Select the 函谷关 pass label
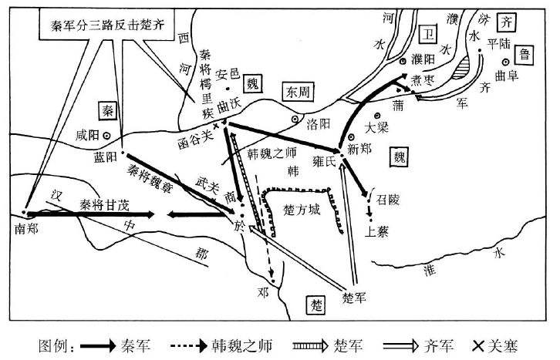click(197, 141)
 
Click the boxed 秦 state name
click(108, 109)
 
